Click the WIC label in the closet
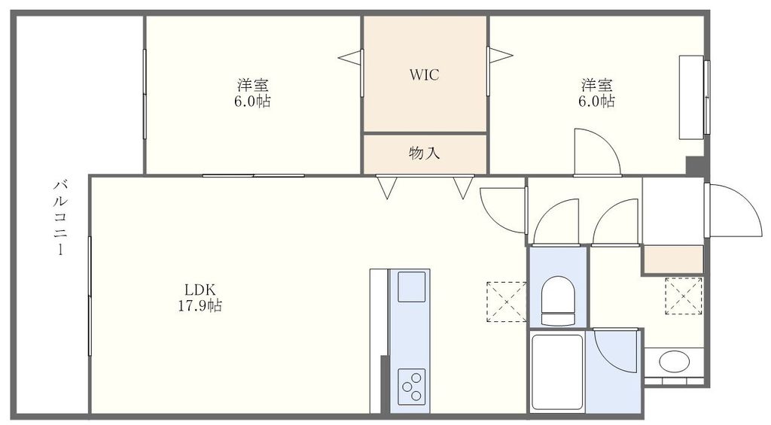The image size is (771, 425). click(x=424, y=74)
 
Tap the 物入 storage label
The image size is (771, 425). click(x=424, y=153)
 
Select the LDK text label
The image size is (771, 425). click(x=201, y=290)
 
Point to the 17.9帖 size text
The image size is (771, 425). click(x=201, y=306)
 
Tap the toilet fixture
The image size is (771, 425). click(x=558, y=299)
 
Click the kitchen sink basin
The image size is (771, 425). click(x=411, y=287)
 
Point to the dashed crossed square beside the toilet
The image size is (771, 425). click(x=506, y=301)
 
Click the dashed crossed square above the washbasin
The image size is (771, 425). click(x=684, y=296)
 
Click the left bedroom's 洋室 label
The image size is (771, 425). click(x=253, y=83)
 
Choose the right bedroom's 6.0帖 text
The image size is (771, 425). click(x=596, y=101)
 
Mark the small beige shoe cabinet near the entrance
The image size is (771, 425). click(x=672, y=260)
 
